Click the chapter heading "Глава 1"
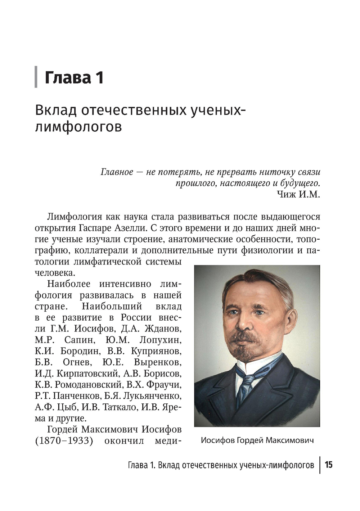pyautogui.click(x=74, y=78)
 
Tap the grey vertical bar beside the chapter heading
pyautogui.click(x=36, y=77)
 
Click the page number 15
pyautogui.click(x=328, y=465)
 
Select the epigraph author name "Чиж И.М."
pyautogui.click(x=298, y=194)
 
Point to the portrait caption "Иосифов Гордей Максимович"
pyautogui.click(x=257, y=440)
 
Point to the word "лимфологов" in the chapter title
pyautogui.click(x=78, y=127)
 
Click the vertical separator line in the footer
pyautogui.click(x=320, y=465)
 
